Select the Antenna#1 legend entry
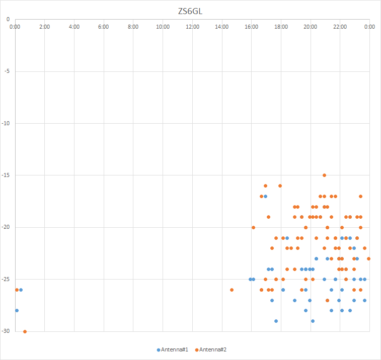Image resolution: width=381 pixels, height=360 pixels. point(174,349)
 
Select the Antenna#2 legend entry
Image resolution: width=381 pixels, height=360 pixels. point(213,349)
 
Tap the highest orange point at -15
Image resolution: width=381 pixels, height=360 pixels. point(324,175)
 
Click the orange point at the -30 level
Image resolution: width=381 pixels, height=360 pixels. point(25,331)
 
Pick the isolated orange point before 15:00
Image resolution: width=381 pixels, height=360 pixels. point(232,290)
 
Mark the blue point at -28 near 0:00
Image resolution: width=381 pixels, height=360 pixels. point(17,310)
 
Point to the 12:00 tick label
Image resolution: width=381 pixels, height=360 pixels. point(192,27)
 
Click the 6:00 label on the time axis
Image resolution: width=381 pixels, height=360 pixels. point(104,27)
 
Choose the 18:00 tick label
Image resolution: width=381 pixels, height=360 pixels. point(281,27)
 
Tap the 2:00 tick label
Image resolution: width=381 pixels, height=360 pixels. point(44,27)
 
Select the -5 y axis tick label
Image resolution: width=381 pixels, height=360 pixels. point(7,71)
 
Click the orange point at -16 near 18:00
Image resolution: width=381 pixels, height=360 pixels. point(280,186)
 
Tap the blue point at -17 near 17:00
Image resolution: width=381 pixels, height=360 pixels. point(265,196)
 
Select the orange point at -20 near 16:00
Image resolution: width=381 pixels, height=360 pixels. point(253,227)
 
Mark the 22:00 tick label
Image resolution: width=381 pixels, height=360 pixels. point(340,27)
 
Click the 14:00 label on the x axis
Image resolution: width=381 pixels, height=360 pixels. point(222,27)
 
